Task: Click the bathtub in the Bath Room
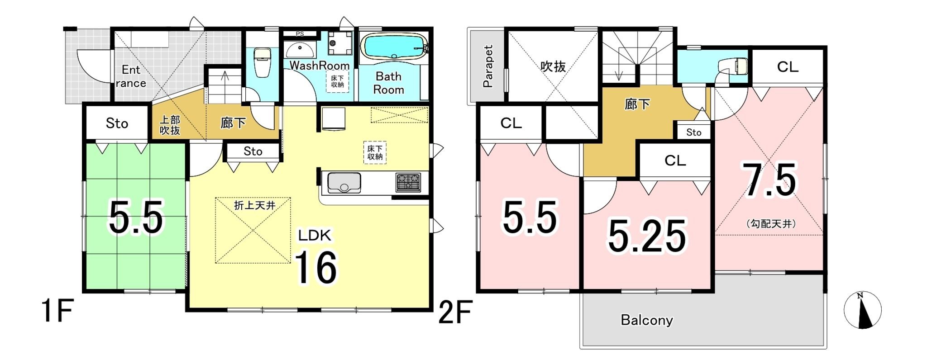click(394, 47)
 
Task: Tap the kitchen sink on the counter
click(344, 183)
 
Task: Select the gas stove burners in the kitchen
click(408, 182)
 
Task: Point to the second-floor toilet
click(734, 66)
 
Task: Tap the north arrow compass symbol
click(862, 310)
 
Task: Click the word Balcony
click(647, 320)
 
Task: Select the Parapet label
click(487, 66)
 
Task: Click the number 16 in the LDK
click(315, 268)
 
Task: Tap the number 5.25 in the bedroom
click(647, 236)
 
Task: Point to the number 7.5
click(769, 180)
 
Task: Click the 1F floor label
click(57, 311)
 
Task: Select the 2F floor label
click(455, 312)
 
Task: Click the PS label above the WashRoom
click(300, 33)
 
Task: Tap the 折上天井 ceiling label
click(254, 205)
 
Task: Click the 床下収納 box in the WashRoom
click(337, 81)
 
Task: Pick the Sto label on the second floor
click(693, 132)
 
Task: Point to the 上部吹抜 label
click(170, 125)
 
